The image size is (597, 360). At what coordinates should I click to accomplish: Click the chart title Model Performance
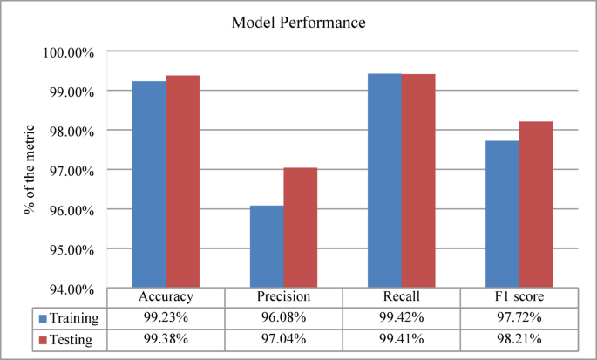point(299,23)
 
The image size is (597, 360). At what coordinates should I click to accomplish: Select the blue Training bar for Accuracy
point(149,184)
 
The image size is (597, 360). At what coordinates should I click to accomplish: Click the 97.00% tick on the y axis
point(70,170)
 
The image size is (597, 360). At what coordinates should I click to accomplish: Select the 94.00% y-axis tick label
point(70,289)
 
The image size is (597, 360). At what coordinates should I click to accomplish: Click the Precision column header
point(284,297)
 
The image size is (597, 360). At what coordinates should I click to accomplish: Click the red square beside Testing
point(42,337)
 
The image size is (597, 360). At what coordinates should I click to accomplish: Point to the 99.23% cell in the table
point(166,317)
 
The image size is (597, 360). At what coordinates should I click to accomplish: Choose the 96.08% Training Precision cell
point(284,317)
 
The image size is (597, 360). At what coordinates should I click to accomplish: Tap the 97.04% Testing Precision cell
point(284,337)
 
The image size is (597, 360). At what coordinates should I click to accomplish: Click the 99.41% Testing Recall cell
point(402,337)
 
